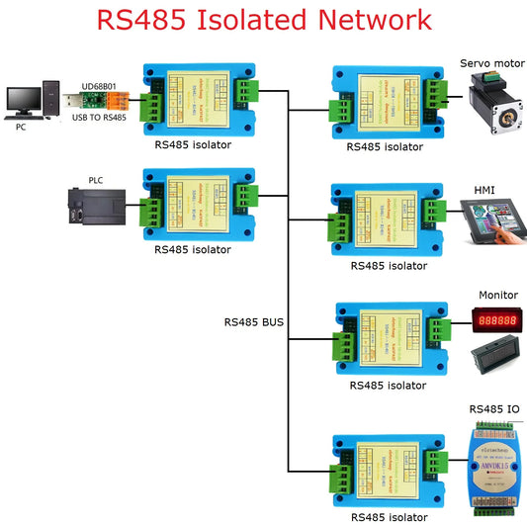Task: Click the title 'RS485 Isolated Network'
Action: [263, 21]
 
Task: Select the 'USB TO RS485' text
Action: [98, 118]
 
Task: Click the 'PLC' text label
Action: [95, 180]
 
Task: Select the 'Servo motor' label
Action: [491, 63]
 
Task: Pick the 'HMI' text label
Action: [484, 189]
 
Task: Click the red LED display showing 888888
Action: [497, 321]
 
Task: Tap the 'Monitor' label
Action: [497, 295]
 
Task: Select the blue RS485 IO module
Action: [494, 467]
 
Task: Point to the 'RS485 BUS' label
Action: [255, 321]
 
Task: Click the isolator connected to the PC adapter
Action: [193, 100]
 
